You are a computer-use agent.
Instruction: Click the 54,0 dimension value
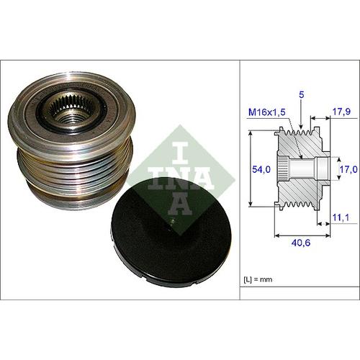click(x=261, y=169)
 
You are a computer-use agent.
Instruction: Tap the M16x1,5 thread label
click(x=267, y=112)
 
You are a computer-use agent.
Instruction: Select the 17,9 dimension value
click(x=341, y=112)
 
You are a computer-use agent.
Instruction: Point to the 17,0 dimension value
click(x=348, y=169)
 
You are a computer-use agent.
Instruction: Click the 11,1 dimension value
click(x=341, y=217)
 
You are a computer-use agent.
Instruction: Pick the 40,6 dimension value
click(x=301, y=243)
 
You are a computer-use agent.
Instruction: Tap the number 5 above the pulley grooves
click(x=302, y=95)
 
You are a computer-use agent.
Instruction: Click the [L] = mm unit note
click(x=258, y=279)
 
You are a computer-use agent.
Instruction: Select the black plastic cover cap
click(x=171, y=233)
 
